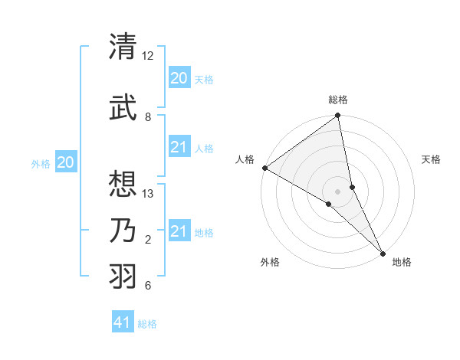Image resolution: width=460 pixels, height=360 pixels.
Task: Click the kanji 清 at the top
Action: pyautogui.click(x=123, y=47)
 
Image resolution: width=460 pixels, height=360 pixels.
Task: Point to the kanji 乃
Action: pyautogui.click(x=123, y=230)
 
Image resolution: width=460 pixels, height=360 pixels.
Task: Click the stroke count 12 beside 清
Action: pyautogui.click(x=148, y=56)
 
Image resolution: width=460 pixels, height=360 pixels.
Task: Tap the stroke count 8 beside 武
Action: pyautogui.click(x=148, y=117)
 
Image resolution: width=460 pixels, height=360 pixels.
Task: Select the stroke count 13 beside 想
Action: pyautogui.click(x=148, y=194)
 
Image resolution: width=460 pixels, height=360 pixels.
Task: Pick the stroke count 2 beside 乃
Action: pyautogui.click(x=148, y=240)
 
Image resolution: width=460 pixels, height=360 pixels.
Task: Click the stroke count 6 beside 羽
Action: pyautogui.click(x=148, y=286)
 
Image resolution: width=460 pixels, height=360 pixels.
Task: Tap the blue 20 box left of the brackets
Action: pyautogui.click(x=67, y=162)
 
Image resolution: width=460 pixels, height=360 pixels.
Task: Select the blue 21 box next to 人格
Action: pyautogui.click(x=179, y=147)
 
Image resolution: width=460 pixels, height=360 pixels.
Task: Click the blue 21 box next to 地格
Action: pyautogui.click(x=179, y=231)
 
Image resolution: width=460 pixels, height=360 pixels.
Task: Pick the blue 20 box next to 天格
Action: pyautogui.click(x=179, y=78)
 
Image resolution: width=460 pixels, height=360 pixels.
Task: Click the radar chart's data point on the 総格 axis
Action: pyautogui.click(x=337, y=116)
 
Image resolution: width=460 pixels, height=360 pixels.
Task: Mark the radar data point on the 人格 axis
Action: pyautogui.click(x=264, y=168)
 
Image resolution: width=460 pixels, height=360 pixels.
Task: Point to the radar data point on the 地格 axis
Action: pyautogui.click(x=382, y=251)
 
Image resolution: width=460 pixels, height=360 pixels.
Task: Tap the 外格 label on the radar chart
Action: pyautogui.click(x=270, y=262)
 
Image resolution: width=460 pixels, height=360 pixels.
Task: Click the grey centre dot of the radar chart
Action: pyautogui.click(x=337, y=191)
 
